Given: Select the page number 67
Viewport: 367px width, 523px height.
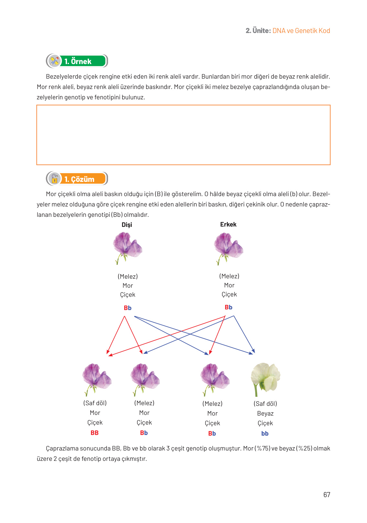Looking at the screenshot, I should coord(327,495).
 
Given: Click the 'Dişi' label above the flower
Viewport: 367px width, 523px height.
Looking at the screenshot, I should coord(127,225).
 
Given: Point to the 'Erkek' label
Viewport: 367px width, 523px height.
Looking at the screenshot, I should coord(228,224).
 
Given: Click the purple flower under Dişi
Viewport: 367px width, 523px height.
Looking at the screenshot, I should coord(127,248).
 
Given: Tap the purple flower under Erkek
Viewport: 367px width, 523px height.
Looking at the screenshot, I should coord(228,248).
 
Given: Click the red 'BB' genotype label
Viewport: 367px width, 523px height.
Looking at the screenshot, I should coord(95,433).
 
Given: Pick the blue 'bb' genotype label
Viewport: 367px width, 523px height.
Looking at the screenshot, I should coord(265,433).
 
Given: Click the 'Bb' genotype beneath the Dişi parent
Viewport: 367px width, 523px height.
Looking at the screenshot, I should coord(128,308).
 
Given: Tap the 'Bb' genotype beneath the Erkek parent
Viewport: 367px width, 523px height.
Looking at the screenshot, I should coord(228,307).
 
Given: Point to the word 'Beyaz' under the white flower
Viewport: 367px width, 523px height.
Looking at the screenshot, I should coord(265,413).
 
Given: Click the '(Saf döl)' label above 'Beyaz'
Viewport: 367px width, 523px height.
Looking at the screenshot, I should coord(265,404).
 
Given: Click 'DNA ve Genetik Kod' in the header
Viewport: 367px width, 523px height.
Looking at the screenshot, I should coord(301,31).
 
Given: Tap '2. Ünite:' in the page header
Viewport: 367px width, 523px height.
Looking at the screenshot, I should coord(258,31).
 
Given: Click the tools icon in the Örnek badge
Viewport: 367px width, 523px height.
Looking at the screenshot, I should coord(55,61).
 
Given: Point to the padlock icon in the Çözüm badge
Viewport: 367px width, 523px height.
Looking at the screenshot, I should coord(55,179).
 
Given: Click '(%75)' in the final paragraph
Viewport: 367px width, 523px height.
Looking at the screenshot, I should coord(262,448).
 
